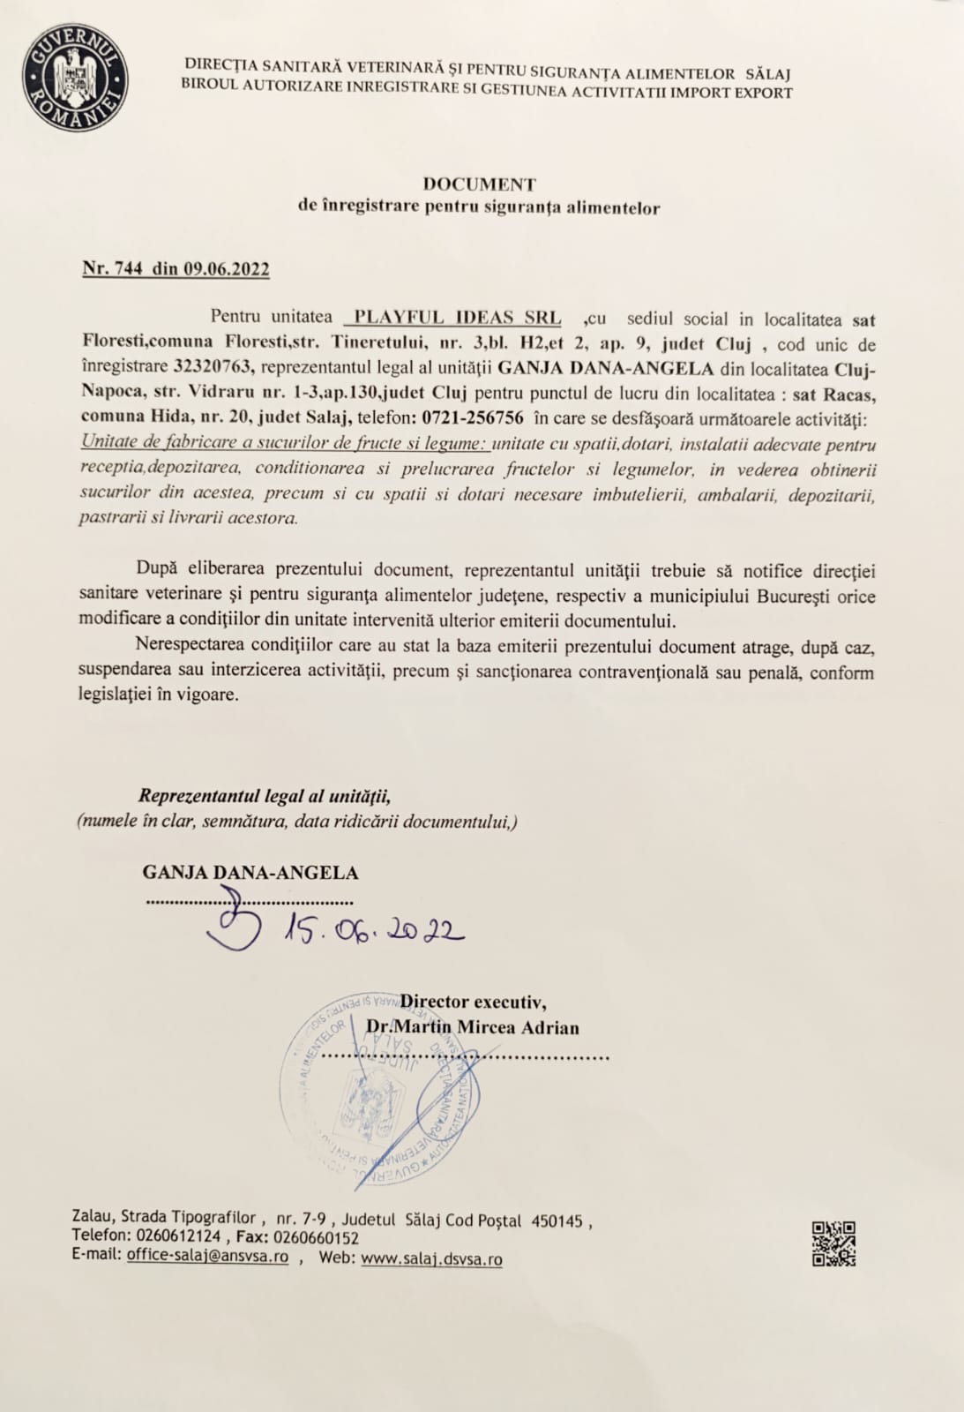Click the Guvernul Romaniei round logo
tap(75, 78)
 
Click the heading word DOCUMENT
tap(479, 184)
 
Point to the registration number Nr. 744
tap(114, 269)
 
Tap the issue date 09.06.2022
tap(227, 269)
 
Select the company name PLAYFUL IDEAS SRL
tap(456, 319)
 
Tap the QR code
tap(833, 1243)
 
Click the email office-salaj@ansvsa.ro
tap(207, 1256)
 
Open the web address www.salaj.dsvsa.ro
tap(431, 1258)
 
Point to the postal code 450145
tap(557, 1220)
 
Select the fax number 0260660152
tap(317, 1237)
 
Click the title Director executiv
tap(473, 1002)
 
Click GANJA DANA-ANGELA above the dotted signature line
tap(250, 873)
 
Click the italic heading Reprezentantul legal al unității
tap(265, 796)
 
